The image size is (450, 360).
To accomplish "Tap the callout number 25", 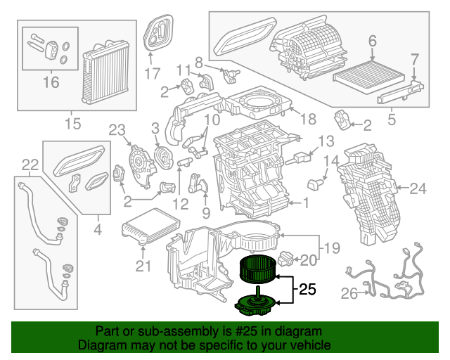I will [x=307, y=289].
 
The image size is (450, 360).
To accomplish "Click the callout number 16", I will [x=50, y=83].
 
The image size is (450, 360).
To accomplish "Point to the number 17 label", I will [x=153, y=72].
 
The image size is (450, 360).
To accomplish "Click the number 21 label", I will [x=143, y=265].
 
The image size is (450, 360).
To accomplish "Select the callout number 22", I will [x=29, y=165].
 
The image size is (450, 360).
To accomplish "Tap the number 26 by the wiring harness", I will [x=349, y=295].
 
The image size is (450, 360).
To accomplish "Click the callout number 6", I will [x=373, y=41].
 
